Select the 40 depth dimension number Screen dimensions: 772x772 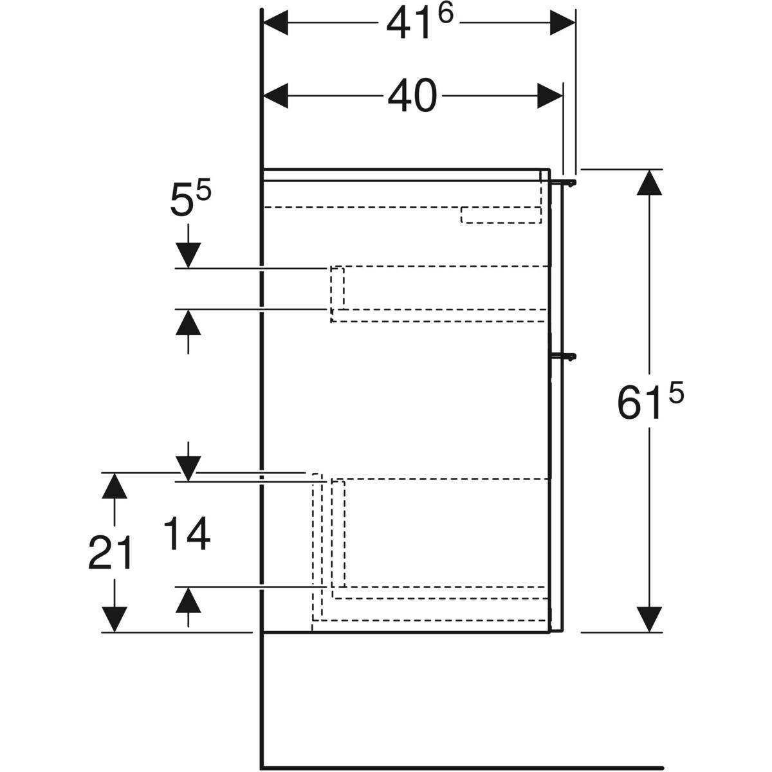point(412,96)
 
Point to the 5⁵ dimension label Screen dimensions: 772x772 point(190,198)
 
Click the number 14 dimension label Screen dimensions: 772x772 point(187,533)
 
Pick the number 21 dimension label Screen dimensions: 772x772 point(110,553)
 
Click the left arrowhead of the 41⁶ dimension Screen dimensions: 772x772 point(275,23)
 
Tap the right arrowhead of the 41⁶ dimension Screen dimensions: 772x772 point(562,23)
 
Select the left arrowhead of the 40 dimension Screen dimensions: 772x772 point(275,96)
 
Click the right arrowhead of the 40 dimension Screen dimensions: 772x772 point(549,96)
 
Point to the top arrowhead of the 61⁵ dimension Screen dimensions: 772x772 point(649,183)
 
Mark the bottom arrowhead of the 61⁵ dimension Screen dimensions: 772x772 point(649,620)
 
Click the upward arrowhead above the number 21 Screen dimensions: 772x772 point(114,486)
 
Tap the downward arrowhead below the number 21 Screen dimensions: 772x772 point(114,620)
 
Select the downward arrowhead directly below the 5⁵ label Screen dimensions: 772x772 point(188,255)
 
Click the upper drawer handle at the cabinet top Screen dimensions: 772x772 point(564,183)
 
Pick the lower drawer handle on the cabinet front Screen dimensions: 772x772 point(564,356)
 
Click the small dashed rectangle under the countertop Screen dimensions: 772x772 point(501,215)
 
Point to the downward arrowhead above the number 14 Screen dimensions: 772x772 point(188,469)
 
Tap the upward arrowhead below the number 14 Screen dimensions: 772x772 point(188,600)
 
